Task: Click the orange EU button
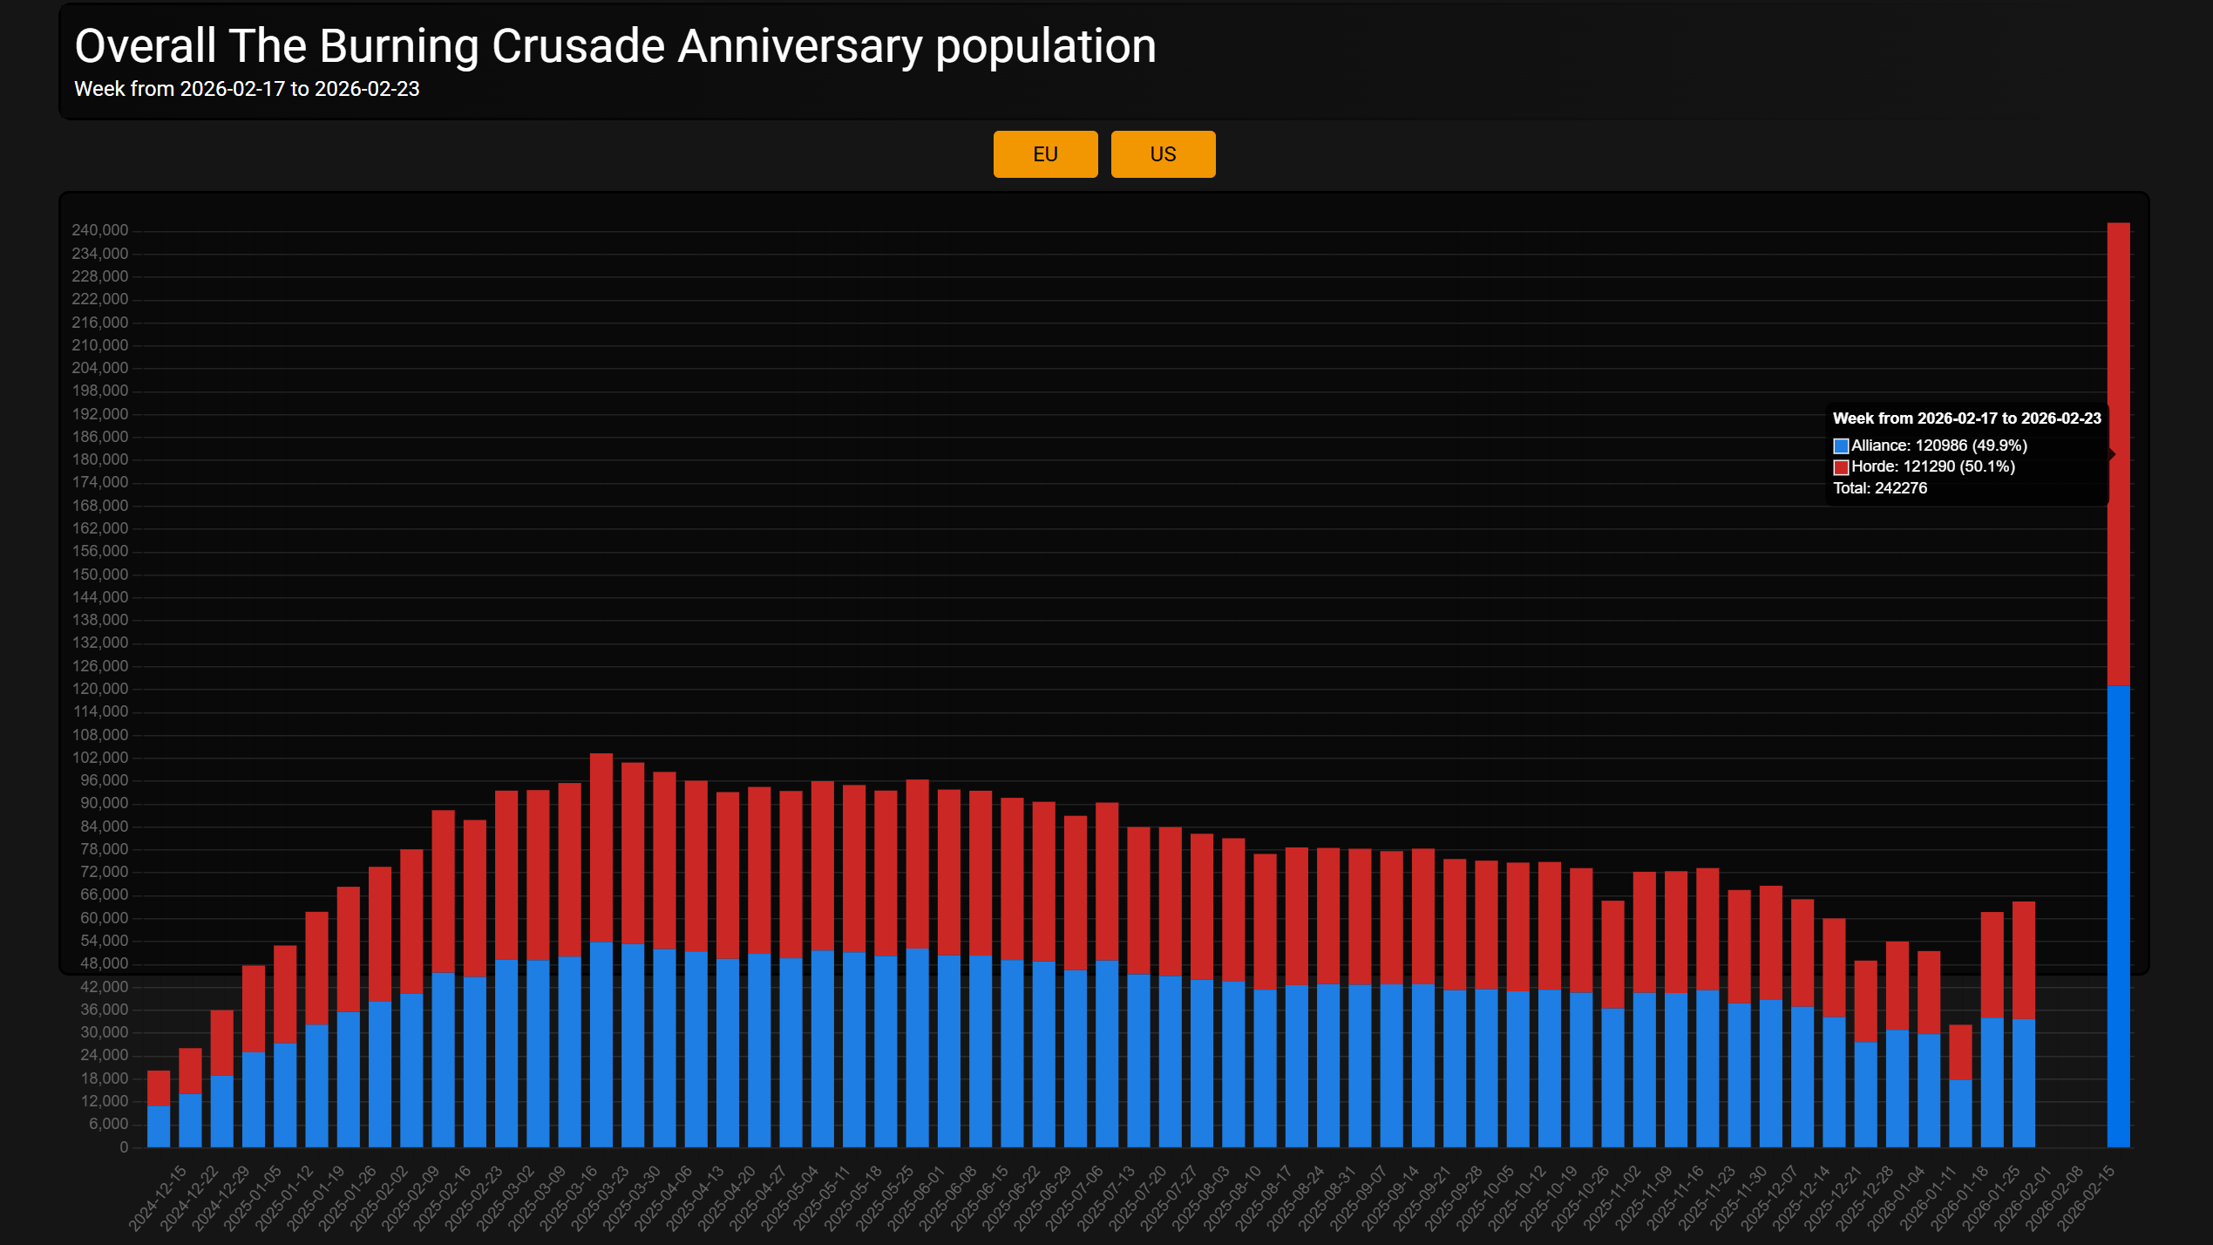(1045, 154)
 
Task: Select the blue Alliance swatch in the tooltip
(1840, 446)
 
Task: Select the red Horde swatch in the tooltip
(1840, 467)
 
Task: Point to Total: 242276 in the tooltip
(1879, 488)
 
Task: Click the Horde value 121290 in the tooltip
(1928, 466)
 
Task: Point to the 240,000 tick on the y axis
(99, 230)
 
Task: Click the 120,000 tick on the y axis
(99, 689)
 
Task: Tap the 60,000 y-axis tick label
(103, 918)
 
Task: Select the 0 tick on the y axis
(124, 1147)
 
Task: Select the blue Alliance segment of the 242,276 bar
(2118, 915)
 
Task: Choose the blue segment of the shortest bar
(159, 1126)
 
